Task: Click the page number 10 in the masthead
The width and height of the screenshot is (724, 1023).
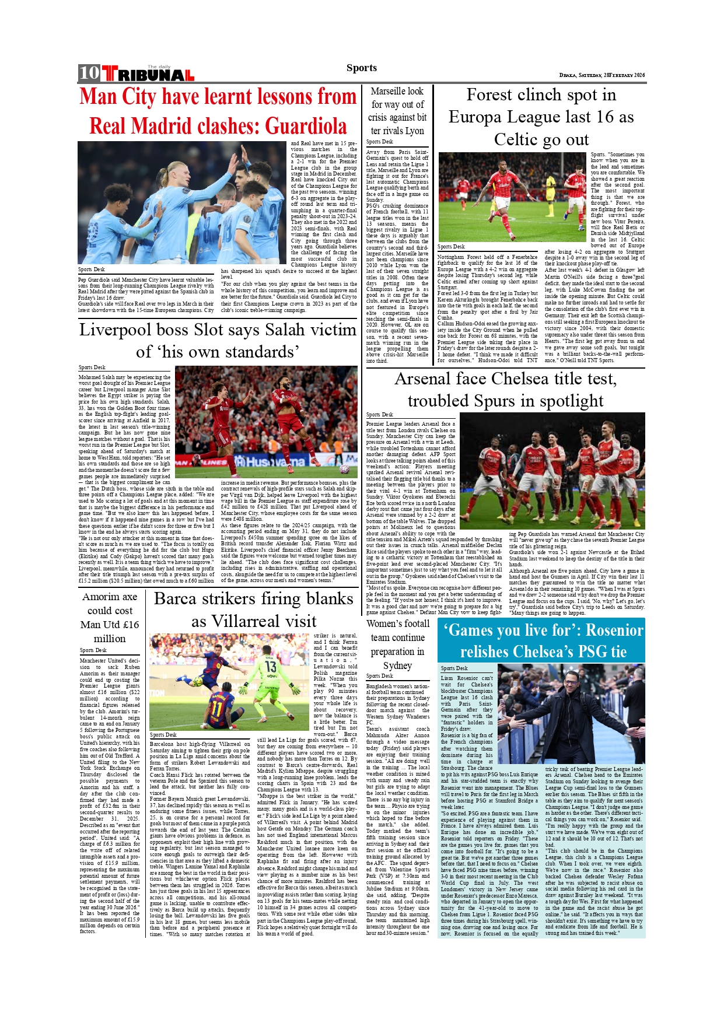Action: [89, 73]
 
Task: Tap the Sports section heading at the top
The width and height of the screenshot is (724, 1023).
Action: [362, 68]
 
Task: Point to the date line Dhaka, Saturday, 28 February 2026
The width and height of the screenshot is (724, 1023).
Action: [602, 75]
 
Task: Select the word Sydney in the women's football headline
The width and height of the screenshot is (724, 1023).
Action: [397, 665]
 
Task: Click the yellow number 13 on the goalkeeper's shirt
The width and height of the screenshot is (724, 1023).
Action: [271, 666]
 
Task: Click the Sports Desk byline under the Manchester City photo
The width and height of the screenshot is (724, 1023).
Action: [92, 269]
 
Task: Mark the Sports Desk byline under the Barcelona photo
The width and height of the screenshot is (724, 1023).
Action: [163, 735]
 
